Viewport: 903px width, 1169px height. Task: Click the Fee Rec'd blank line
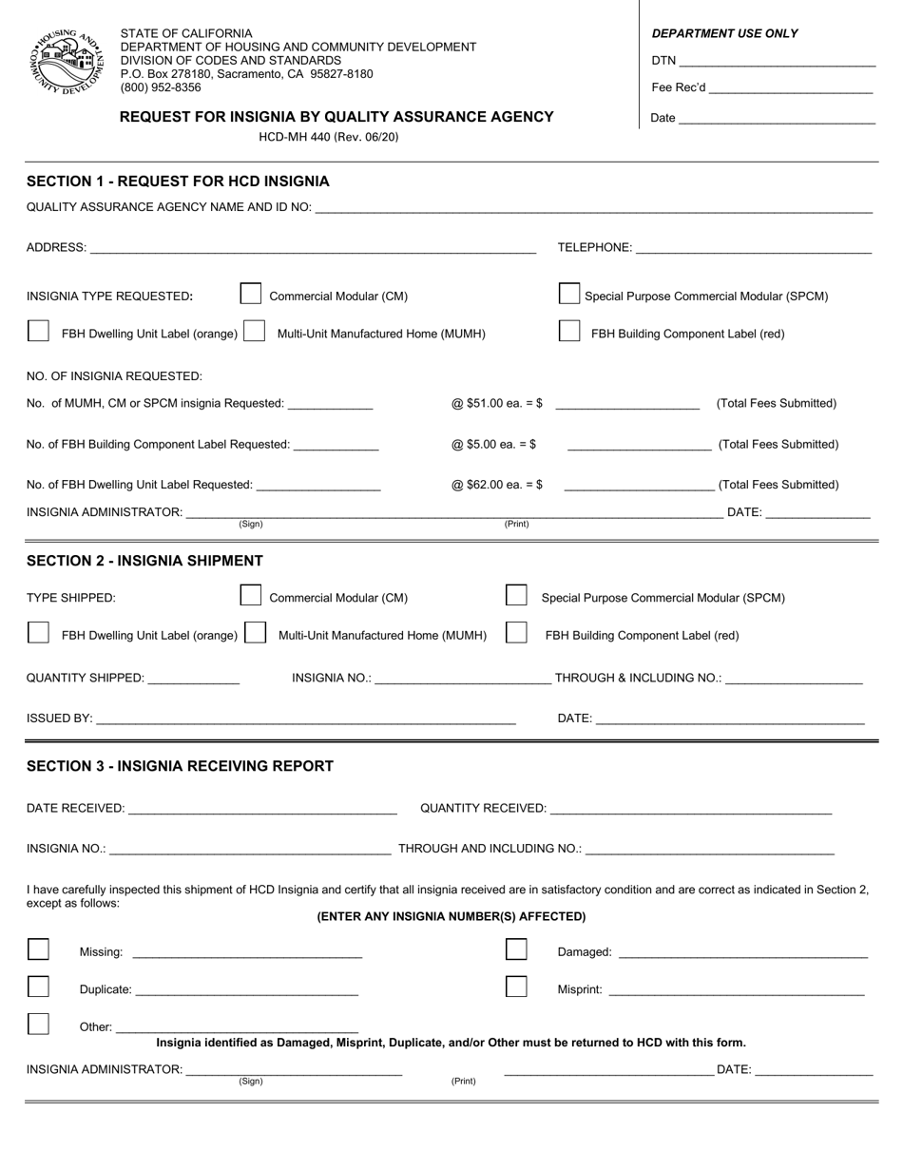pos(790,90)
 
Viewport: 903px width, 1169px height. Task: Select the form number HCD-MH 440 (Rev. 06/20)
pos(329,137)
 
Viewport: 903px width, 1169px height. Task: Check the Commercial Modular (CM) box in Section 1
pos(251,294)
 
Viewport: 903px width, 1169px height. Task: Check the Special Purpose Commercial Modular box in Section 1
pos(569,294)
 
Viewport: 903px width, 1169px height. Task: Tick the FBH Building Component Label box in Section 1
pos(569,332)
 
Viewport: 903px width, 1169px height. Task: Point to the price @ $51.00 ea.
pos(496,404)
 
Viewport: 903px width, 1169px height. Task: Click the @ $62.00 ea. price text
pos(496,485)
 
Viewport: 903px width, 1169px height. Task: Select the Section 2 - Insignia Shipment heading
pos(144,561)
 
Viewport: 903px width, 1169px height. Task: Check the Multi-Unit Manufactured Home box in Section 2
pos(255,633)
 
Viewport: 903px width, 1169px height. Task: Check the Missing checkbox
pos(38,949)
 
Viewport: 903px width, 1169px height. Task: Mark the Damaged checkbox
pos(516,949)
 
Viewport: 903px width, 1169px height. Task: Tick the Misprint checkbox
pos(516,987)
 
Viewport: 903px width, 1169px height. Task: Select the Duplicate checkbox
pos(38,987)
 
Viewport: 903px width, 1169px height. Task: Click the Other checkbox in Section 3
pos(38,1024)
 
